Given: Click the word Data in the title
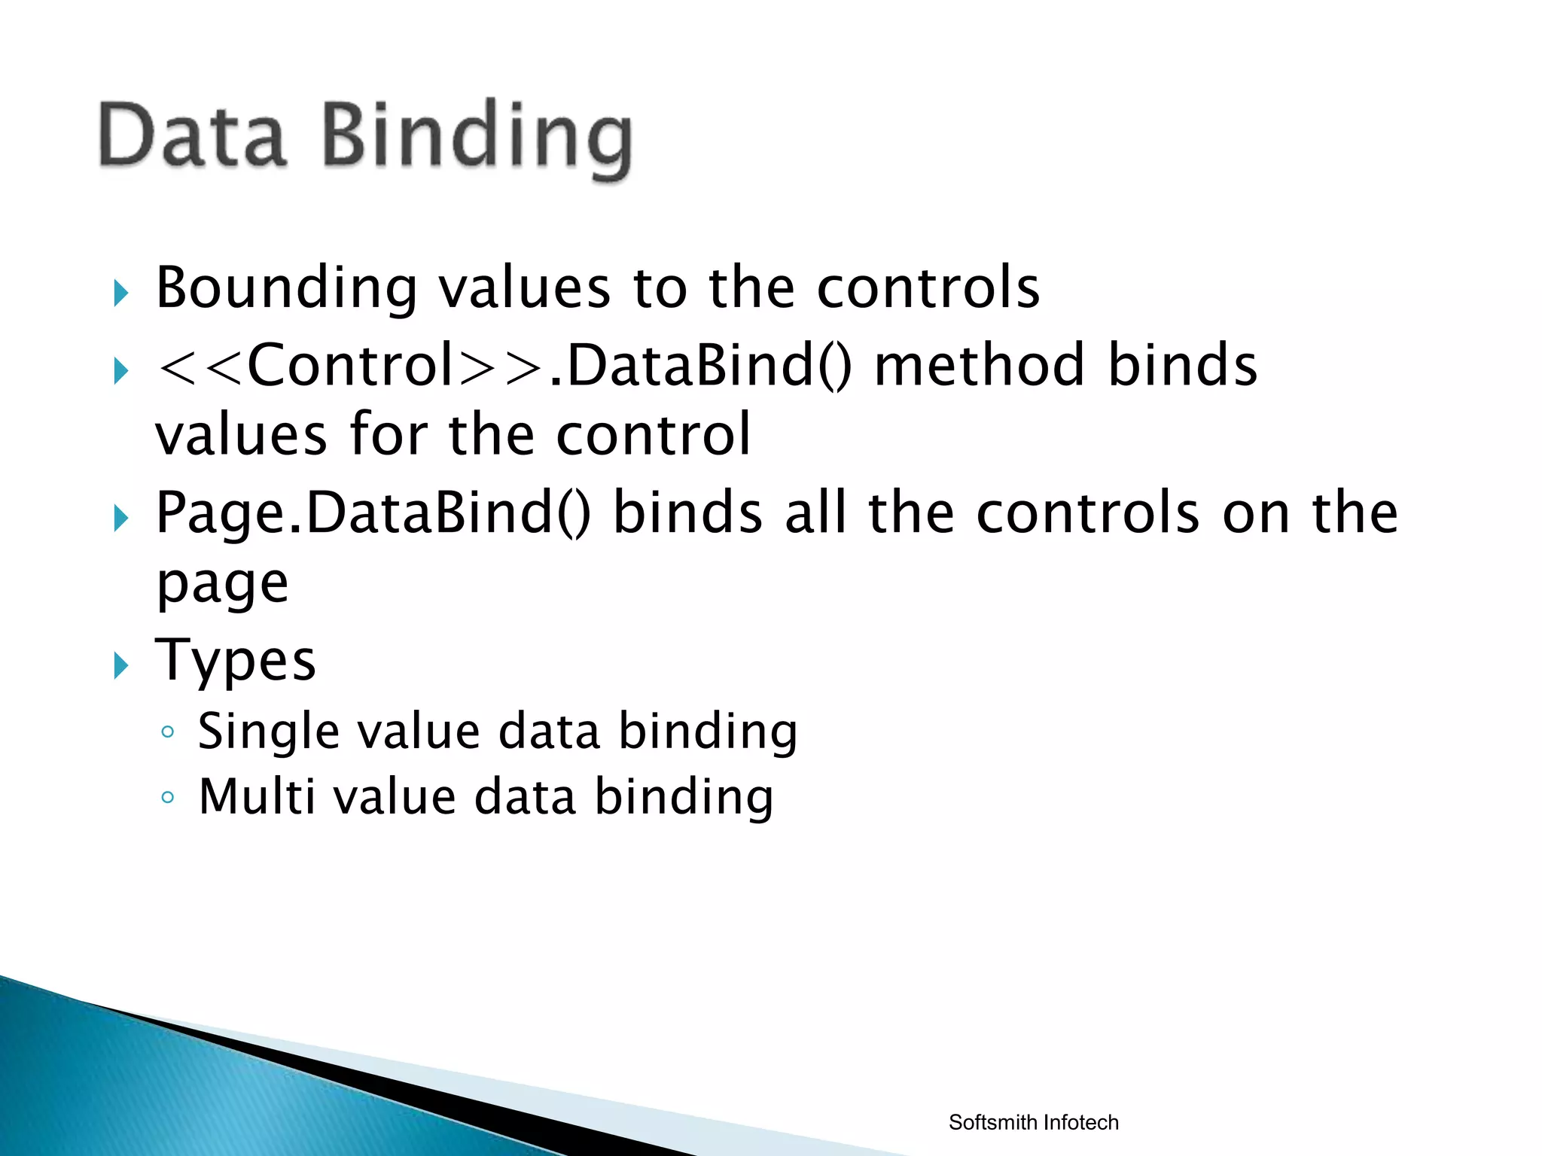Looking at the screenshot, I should (193, 135).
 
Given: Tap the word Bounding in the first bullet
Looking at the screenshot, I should (286, 289).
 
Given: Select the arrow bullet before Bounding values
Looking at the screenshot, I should (121, 293).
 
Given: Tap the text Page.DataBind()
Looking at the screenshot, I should (373, 513).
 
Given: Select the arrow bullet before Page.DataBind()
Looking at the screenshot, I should (121, 519).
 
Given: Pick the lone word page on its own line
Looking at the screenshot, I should (222, 584).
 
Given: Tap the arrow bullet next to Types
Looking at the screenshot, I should (121, 666).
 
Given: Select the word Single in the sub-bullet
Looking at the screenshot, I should (264, 732).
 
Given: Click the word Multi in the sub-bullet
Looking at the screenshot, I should (256, 797).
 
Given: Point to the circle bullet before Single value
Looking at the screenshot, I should (168, 732).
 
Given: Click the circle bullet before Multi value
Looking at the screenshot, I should (168, 797).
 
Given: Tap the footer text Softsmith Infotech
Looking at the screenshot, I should (1033, 1122).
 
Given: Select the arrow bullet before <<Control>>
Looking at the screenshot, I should (121, 371).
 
